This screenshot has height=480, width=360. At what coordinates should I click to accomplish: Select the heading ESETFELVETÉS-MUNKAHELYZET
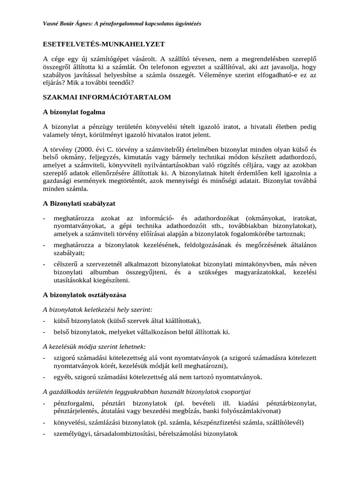point(104,44)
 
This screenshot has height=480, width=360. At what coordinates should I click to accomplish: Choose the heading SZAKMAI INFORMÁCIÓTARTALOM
point(107,97)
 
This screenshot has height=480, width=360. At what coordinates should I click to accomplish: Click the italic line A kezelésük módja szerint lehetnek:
point(94,346)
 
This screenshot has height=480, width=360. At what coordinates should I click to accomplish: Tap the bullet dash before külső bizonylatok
point(44,321)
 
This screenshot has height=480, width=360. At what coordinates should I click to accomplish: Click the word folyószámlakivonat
point(247,411)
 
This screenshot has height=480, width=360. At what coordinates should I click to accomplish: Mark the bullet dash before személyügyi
point(44,434)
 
